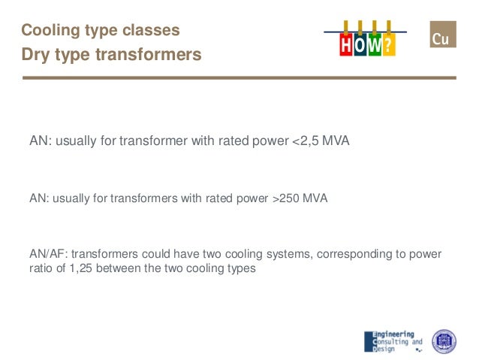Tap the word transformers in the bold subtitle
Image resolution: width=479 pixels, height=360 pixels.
tap(154, 55)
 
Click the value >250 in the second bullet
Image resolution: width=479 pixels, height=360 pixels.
tap(285, 198)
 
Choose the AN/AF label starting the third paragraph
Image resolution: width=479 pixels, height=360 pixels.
tap(47, 254)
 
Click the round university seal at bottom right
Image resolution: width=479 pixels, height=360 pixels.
tap(444, 340)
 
